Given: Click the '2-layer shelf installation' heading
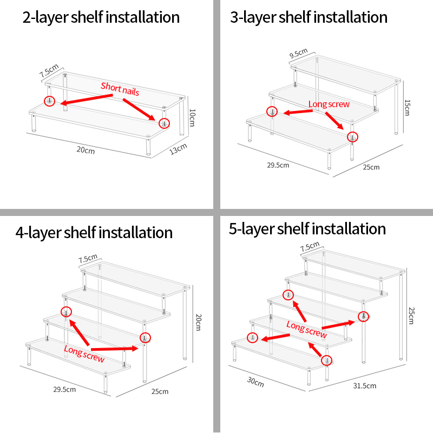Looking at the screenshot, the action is point(101,17).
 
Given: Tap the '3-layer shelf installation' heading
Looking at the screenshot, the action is point(309,17).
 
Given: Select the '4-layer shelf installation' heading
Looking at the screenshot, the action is point(94,233).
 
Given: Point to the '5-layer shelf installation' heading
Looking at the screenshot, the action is point(307,229).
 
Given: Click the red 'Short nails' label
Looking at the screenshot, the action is point(120,89).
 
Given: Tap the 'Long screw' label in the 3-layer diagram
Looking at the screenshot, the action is point(329,104).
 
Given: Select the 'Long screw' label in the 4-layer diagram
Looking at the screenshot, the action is point(84,354).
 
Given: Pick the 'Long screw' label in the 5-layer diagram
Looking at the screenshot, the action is point(306,329).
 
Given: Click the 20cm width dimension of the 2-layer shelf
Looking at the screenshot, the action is point(86,150).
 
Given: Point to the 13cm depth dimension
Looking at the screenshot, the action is point(178,149).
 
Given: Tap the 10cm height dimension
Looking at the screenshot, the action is point(192,117).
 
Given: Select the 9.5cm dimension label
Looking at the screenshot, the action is point(299,53).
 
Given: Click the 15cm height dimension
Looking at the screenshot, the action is point(407,108).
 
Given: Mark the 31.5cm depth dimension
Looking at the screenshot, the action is point(364,386).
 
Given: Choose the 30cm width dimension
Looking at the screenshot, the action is point(255,382).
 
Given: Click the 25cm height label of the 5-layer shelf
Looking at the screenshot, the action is point(411,316).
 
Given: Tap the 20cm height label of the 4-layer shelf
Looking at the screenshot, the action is point(198,322).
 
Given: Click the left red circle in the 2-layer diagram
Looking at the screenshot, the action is point(50,101).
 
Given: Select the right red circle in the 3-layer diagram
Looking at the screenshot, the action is point(352,137).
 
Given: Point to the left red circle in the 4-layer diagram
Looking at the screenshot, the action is point(66,312).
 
